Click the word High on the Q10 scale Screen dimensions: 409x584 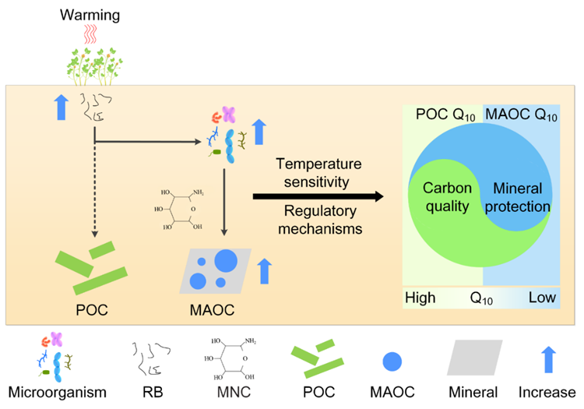click(420, 298)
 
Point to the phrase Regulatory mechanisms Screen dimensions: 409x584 click(319, 220)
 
